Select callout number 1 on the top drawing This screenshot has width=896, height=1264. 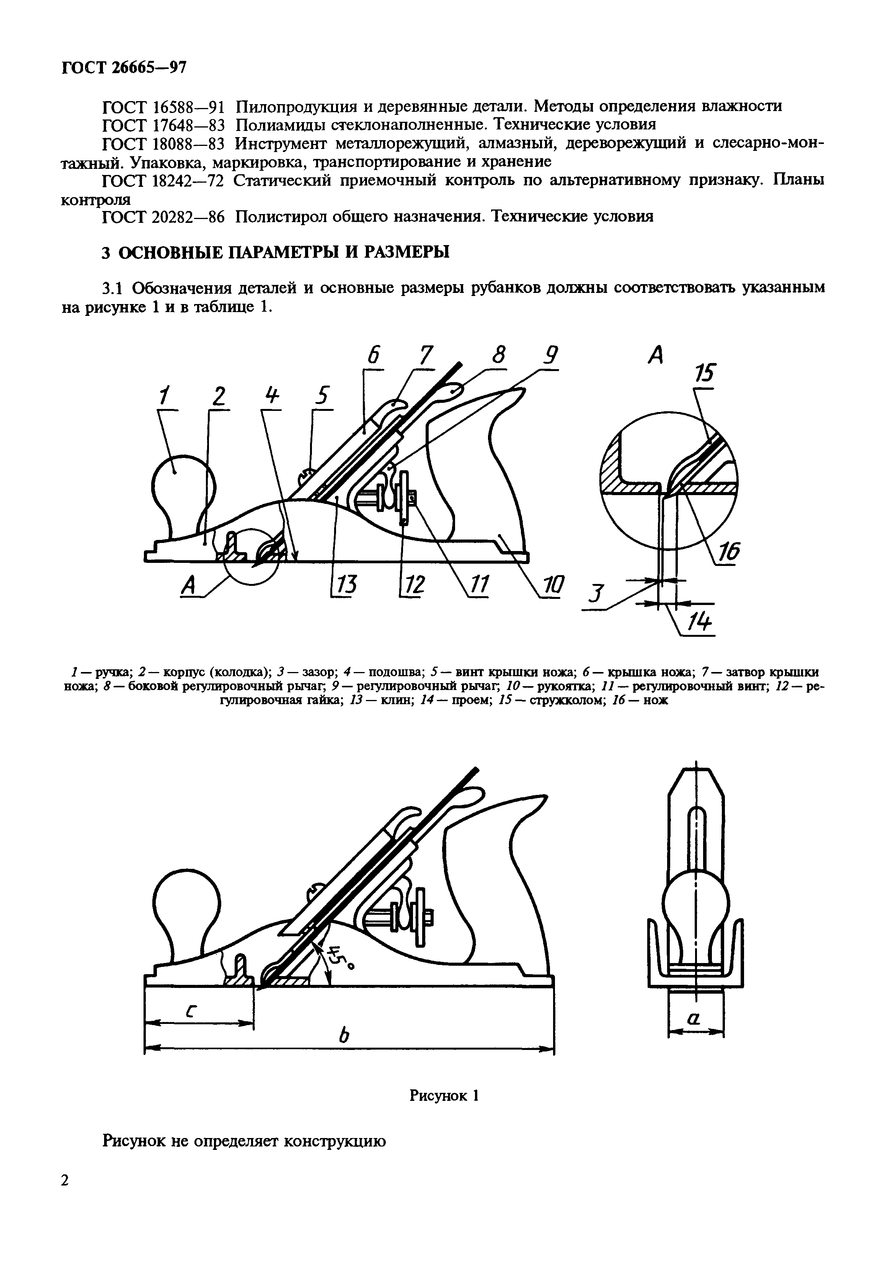pyautogui.click(x=163, y=396)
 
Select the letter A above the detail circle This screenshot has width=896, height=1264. pyautogui.click(x=655, y=355)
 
